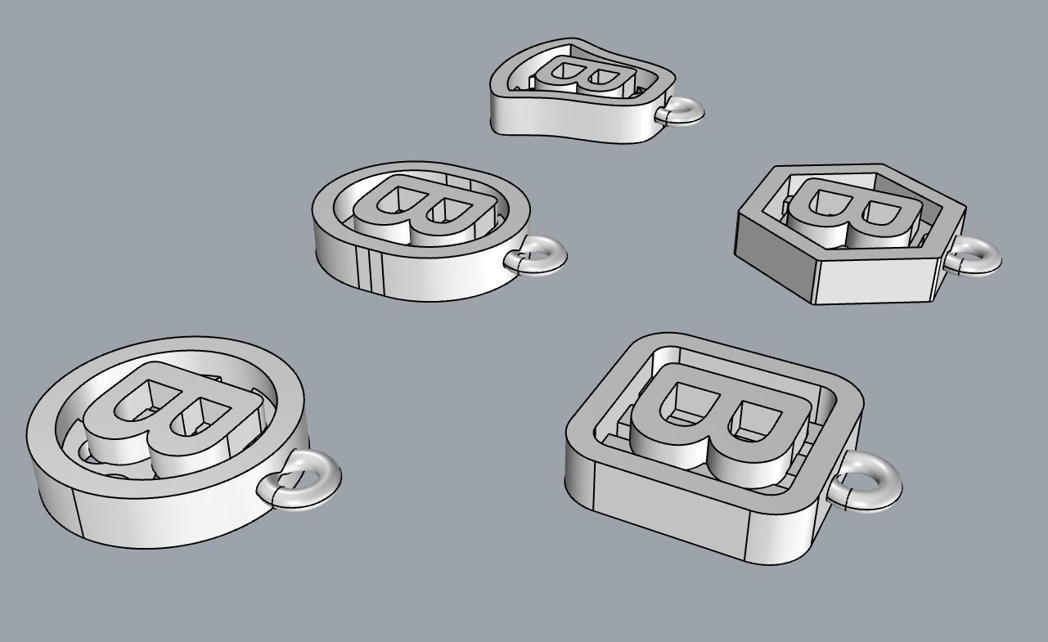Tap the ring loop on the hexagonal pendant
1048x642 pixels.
980,256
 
